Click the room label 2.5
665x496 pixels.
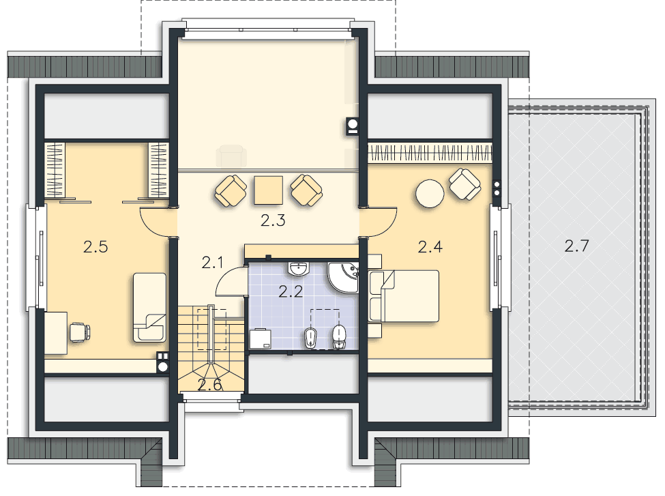[x=95, y=247]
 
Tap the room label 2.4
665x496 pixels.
[x=430, y=246]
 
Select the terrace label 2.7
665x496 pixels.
[x=577, y=246]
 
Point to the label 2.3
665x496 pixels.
[x=273, y=220]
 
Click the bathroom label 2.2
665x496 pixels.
[x=291, y=291]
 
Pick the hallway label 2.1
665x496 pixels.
[x=213, y=263]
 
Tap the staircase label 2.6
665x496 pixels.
[x=210, y=385]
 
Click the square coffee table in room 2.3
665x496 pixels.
[x=269, y=190]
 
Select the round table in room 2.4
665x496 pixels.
[x=430, y=194]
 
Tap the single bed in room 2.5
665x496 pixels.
[x=149, y=307]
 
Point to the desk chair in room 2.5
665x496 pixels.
[x=80, y=332]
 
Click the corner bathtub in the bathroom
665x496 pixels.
[x=342, y=276]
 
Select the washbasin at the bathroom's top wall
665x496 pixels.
[x=299, y=269]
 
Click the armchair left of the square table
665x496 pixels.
[x=231, y=191]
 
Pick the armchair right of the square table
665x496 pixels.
[x=307, y=191]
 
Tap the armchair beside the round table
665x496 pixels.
[x=465, y=185]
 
